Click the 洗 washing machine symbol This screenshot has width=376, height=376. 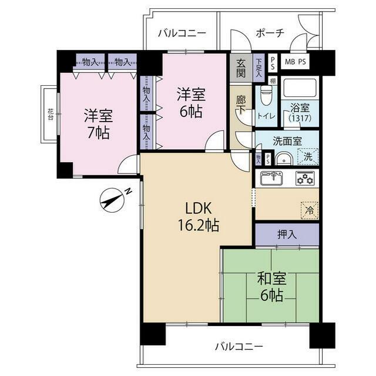pos(307,157)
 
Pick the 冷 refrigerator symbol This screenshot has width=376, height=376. pos(308,209)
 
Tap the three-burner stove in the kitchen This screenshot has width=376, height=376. pos(305,179)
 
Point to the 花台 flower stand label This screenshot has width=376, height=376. pos(50,115)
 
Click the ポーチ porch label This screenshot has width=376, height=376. pos(270,33)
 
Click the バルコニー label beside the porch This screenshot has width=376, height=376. pos(182,33)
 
